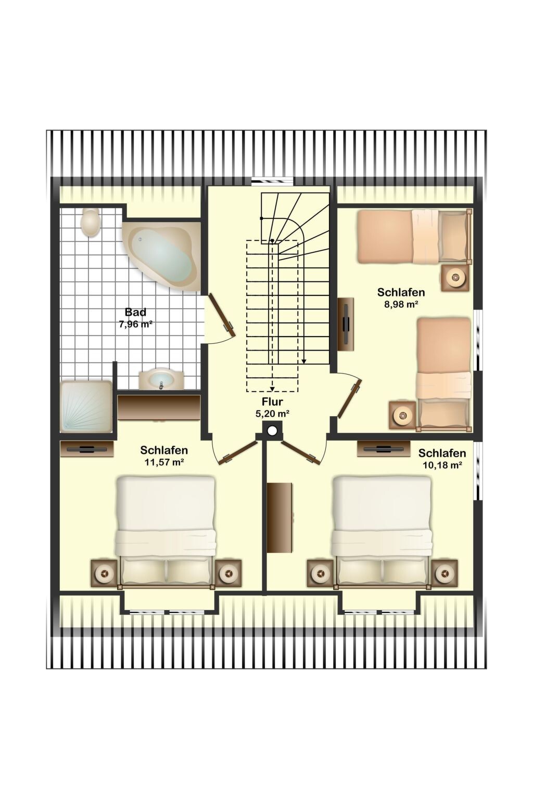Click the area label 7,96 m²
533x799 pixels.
click(x=136, y=324)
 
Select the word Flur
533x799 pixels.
click(x=272, y=402)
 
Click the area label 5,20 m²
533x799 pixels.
click(x=272, y=414)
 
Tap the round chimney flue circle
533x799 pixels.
click(x=272, y=431)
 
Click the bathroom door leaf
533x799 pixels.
click(x=222, y=315)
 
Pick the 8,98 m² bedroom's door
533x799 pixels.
click(x=350, y=398)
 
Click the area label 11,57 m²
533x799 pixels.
click(x=164, y=462)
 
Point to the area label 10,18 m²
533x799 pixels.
click(x=442, y=465)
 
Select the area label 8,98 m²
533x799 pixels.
click(x=401, y=305)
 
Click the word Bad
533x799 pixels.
click(x=136, y=312)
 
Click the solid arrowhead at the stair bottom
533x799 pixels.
click(x=304, y=362)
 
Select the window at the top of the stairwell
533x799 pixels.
click(x=273, y=181)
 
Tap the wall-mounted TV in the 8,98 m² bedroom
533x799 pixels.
click(x=346, y=325)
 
